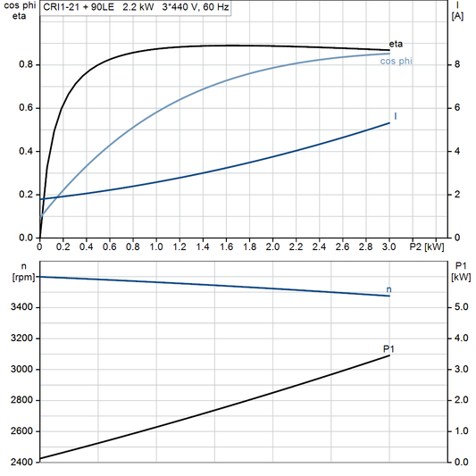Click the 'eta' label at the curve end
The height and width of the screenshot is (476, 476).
point(397,44)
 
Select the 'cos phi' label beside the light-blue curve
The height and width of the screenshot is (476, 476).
point(396,62)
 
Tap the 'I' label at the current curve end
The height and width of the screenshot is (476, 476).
point(395,117)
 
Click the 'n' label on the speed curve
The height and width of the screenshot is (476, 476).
point(388,289)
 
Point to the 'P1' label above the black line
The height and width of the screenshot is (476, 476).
point(388,348)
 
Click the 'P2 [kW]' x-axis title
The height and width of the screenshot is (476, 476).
point(426,246)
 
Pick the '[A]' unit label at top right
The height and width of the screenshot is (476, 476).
point(457,16)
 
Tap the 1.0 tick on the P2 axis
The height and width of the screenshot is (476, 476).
point(156,246)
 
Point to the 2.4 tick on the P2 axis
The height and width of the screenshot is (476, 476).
point(320,246)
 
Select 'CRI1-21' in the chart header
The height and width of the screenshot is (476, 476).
point(61,5)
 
